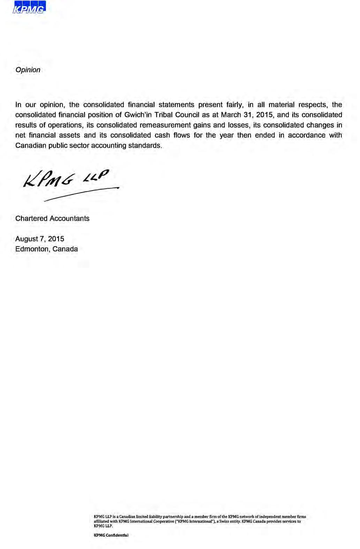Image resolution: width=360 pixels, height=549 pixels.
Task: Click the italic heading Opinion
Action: click(28, 70)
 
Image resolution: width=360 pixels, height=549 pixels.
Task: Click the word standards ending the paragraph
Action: click(145, 145)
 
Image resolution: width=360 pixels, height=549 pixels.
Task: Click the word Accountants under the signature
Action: click(69, 219)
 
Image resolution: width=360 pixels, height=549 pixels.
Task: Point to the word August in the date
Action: click(27, 239)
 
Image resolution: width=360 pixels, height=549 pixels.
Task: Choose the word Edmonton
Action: click(32, 249)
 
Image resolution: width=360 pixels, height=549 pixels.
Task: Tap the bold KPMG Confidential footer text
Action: click(111, 535)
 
